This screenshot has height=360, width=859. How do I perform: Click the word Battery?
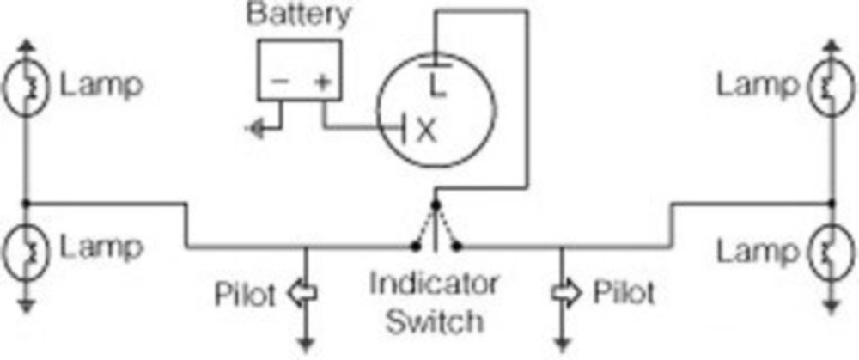coord(298,15)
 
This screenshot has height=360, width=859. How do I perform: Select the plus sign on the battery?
coord(322,82)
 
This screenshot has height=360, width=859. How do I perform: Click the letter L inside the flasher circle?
coord(438,83)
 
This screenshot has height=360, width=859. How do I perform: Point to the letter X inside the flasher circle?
coord(426,131)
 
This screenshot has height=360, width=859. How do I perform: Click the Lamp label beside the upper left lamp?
coord(101,86)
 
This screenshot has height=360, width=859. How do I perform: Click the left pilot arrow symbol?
coord(305,294)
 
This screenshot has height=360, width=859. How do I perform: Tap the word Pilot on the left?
coord(246,295)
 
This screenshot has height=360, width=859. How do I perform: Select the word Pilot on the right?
coord(623,294)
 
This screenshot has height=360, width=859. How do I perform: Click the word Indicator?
coord(435,284)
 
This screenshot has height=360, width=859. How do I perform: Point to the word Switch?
coord(435,322)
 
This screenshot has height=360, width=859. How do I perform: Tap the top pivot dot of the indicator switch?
coord(436,204)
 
